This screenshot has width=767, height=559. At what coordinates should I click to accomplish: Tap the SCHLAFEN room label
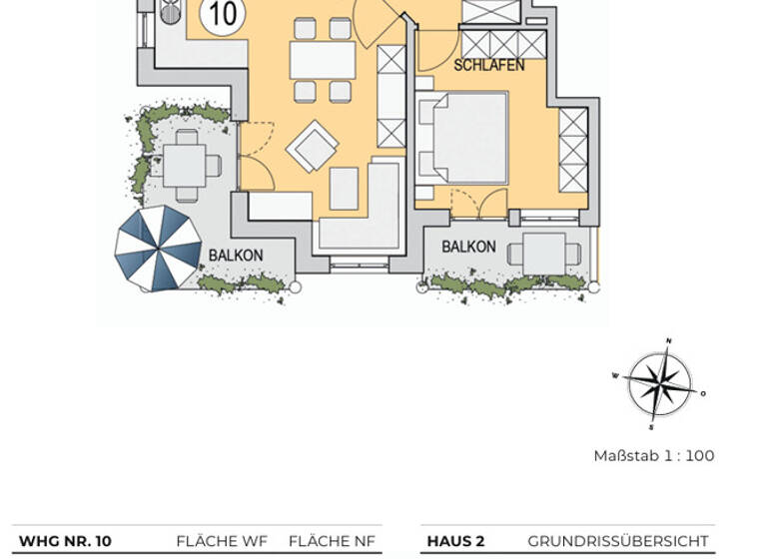(x=489, y=66)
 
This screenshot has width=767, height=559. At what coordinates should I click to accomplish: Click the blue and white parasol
(x=158, y=248)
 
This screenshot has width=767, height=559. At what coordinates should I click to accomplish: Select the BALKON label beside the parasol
(x=236, y=256)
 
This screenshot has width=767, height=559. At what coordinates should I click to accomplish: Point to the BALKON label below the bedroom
(x=468, y=247)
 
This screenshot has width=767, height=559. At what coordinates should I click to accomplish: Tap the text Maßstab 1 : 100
(x=653, y=456)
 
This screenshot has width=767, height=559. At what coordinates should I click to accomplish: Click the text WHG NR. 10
(x=65, y=541)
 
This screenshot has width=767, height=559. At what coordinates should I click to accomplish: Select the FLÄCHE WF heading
(x=222, y=541)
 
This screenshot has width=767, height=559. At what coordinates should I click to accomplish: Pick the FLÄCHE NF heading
(x=333, y=541)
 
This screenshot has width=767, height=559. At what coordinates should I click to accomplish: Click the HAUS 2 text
(x=455, y=541)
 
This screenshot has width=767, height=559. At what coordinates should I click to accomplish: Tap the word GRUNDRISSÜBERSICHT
(x=618, y=541)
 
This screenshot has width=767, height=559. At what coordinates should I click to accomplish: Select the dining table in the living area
(x=322, y=60)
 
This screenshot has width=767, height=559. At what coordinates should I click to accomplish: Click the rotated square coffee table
(x=312, y=147)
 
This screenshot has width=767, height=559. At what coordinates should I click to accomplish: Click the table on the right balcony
(x=544, y=253)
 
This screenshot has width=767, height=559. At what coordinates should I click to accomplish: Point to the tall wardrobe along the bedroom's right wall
(x=573, y=150)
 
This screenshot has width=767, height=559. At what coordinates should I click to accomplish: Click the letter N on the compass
(x=668, y=341)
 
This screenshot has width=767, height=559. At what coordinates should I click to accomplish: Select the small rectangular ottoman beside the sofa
(x=344, y=188)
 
